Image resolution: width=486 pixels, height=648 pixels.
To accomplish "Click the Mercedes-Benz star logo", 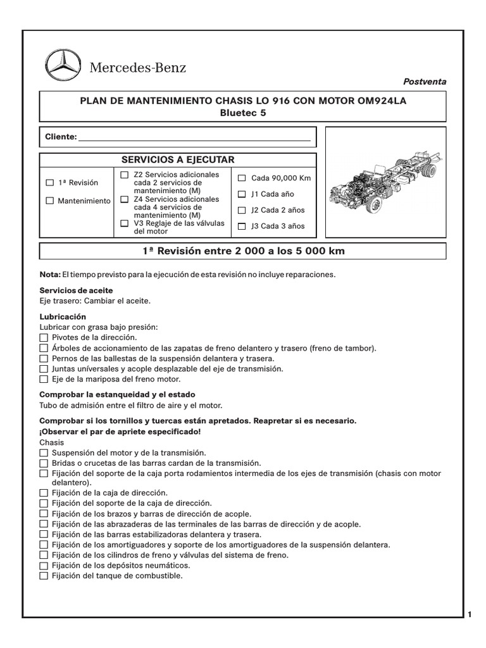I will point(63,66).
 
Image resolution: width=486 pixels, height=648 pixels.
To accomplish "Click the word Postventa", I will point(425,82).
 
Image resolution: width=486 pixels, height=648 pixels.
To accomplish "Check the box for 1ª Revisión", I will point(50,183).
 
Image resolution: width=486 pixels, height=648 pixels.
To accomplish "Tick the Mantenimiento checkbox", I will point(50,201).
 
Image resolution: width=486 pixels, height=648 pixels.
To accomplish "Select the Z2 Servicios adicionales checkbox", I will point(124,175).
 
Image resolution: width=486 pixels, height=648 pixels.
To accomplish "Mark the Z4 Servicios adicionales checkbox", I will point(124,199).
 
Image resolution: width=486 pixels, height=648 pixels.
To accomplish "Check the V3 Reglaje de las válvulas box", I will point(124,223).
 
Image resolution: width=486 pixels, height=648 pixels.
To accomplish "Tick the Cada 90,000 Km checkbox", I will point(242,178).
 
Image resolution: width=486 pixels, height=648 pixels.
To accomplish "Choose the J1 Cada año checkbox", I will point(242,194).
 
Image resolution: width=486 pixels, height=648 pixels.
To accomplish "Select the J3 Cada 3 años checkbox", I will point(242,226).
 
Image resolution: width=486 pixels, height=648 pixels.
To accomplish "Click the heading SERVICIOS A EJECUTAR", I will point(178,159).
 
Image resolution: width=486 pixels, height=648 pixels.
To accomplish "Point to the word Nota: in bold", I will point(50,275).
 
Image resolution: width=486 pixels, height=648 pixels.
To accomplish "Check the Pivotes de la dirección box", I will point(44,338).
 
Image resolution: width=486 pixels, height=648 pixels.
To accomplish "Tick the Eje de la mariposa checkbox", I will point(44,379).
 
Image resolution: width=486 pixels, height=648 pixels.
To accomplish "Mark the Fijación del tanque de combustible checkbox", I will point(44,576).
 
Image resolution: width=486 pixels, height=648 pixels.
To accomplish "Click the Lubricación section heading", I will point(63,316).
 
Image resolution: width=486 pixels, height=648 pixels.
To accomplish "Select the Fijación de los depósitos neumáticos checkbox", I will point(44,566).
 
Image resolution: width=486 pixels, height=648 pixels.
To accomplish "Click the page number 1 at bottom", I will point(470,614).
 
